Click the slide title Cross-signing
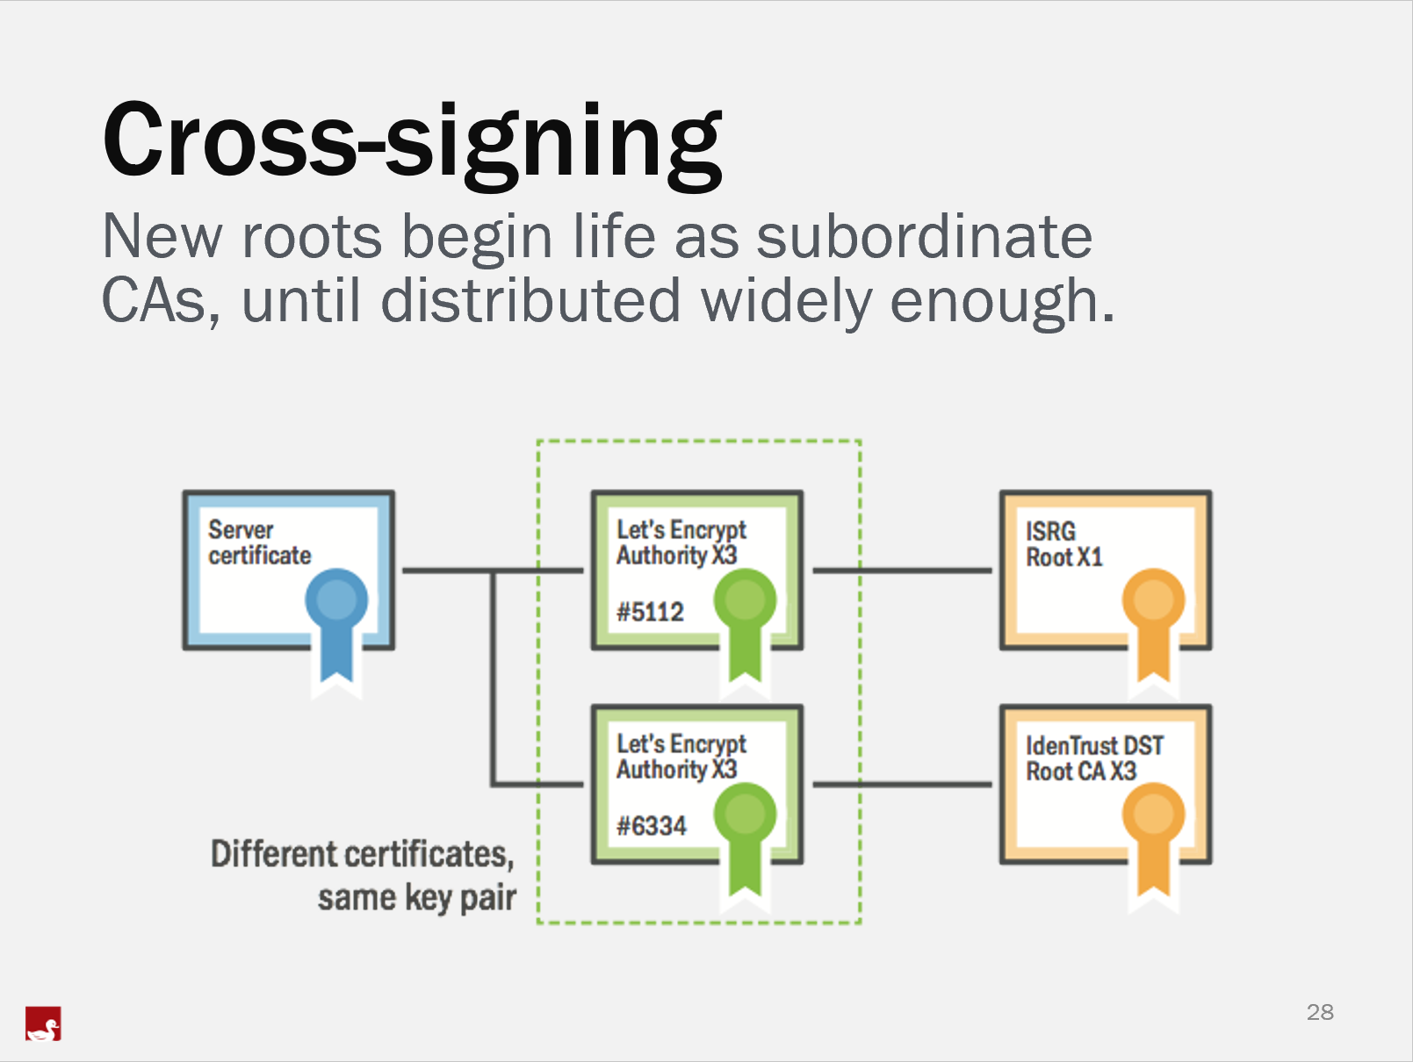click(x=412, y=140)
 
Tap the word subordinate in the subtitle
click(x=924, y=237)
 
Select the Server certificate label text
click(x=259, y=542)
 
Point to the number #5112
click(x=650, y=612)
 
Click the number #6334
click(x=651, y=826)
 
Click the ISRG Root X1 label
click(x=1063, y=544)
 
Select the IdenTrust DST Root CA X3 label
click(x=1093, y=758)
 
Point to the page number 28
click(x=1320, y=1012)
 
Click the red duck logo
click(x=43, y=1023)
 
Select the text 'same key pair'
click(x=416, y=898)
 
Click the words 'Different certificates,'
click(x=362, y=854)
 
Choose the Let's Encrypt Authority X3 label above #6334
click(x=681, y=757)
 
